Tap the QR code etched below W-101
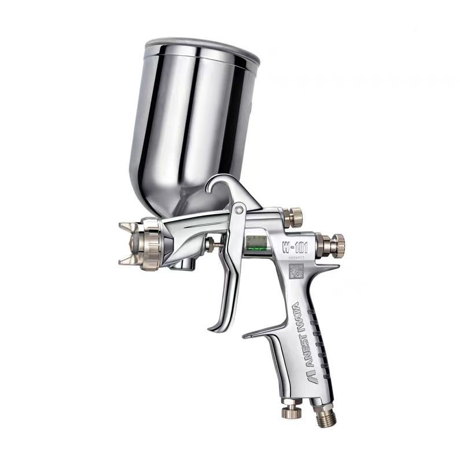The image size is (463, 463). [296, 270]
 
